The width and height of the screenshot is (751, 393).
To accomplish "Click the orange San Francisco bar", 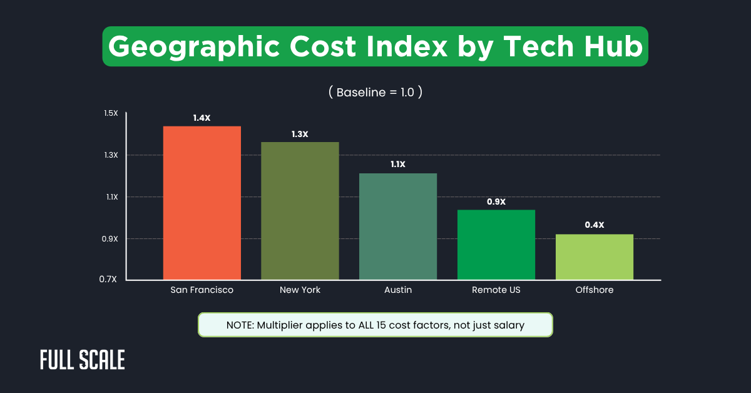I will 202,203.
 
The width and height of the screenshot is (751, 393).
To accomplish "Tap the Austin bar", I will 398,226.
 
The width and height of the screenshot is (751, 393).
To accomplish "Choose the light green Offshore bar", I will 595,257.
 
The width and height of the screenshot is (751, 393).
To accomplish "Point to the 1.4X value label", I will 202,118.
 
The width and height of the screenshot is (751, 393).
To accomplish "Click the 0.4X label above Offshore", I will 595,225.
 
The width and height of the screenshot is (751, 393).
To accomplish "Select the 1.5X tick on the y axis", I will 111,113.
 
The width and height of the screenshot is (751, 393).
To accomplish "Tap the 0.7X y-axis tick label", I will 111,279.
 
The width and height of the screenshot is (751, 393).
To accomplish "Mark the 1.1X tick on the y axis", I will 111,197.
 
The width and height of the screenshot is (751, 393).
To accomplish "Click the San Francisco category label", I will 202,290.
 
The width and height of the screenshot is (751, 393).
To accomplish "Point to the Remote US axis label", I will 496,290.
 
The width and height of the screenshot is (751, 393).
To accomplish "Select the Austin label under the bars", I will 398,290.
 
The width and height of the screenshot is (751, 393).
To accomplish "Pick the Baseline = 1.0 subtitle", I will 375,92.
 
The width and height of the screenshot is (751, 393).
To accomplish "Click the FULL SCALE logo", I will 83,360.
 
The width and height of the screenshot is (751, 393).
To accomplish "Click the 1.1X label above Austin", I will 398,165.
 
